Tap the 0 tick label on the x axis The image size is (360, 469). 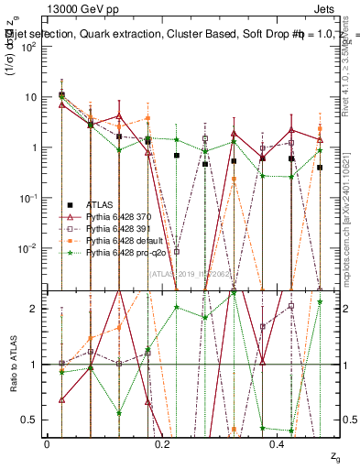coord(47,444)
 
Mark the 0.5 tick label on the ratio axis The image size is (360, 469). coord(32,420)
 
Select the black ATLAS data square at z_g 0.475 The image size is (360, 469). coord(320,168)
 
